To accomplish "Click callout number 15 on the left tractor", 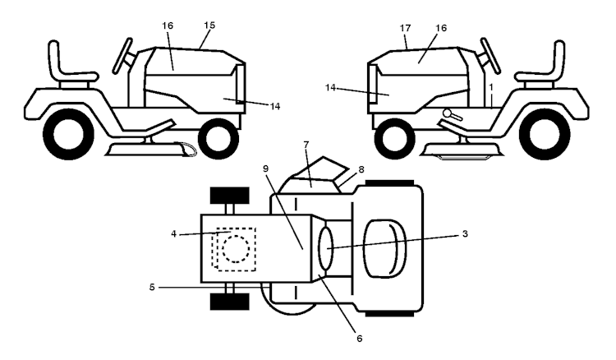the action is click(209, 25).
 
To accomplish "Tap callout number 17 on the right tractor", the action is click(405, 28).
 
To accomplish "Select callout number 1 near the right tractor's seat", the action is click(490, 86).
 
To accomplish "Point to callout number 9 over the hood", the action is click(265, 168).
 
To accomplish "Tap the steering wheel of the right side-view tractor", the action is click(490, 56).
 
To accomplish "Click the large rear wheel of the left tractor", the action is click(68, 134).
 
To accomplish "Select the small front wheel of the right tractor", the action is click(394, 138).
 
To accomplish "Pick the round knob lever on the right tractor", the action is click(452, 115).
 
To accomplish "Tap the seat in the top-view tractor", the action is click(384, 248).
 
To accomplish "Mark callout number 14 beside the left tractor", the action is click(275, 106).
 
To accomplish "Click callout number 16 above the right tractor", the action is click(441, 28).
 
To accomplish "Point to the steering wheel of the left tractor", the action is click(122, 56).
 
